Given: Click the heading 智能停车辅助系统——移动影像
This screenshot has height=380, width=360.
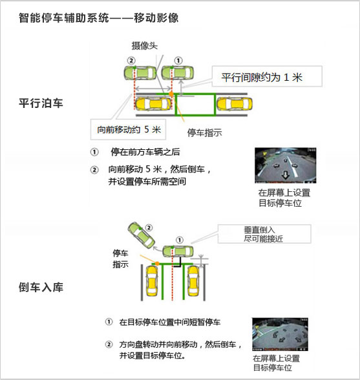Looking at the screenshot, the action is (99, 18).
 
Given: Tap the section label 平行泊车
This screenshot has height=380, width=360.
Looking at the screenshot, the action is (41, 103).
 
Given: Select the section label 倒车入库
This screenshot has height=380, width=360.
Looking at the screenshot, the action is (41, 287).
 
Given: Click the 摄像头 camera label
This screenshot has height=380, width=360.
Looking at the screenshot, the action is (145, 45).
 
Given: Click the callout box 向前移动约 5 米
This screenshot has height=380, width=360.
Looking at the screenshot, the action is (128, 129).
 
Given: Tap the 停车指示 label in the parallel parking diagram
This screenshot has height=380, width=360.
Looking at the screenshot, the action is (204, 132).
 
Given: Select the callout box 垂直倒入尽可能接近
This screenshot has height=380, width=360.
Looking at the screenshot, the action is (264, 234).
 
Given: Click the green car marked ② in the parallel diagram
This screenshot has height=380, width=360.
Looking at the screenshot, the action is (140, 72).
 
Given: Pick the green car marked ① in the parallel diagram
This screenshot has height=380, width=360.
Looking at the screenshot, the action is (178, 72).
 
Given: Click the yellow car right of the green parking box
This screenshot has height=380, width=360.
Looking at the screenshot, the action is (235, 104).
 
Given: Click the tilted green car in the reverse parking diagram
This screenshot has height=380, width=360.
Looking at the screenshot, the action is (142, 236).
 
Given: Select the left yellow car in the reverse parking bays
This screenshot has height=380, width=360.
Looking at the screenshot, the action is (151, 281).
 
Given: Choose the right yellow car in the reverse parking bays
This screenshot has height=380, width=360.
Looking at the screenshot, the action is (193, 281).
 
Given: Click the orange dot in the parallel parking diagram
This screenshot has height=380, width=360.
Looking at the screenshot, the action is (171, 94).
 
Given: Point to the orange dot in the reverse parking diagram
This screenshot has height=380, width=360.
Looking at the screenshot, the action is (157, 264).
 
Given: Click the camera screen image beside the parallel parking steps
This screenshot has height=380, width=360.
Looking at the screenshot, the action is (285, 165).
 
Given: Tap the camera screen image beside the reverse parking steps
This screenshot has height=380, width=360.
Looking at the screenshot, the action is (280, 335).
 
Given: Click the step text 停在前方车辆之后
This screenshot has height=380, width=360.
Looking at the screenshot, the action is (145, 152).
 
